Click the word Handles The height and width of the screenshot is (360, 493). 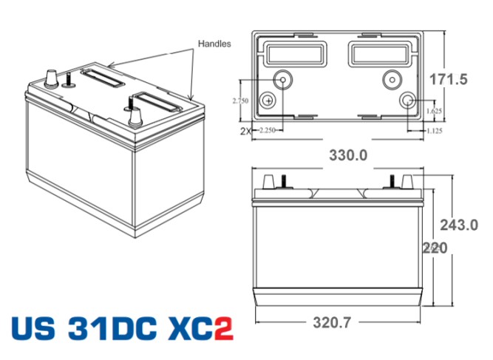point(214,44)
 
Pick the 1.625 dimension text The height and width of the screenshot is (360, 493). point(435,111)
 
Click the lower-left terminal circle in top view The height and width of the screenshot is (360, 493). point(268,100)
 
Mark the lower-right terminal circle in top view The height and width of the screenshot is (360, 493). point(407,101)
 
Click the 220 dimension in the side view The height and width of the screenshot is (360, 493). point(432,248)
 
